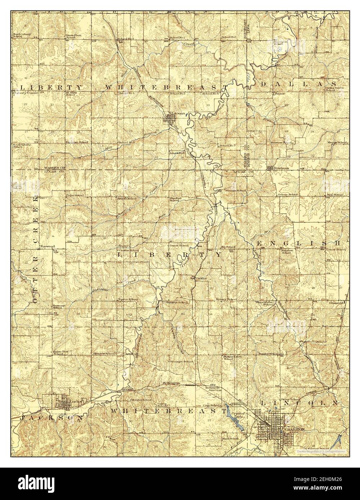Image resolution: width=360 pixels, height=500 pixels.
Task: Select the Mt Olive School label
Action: tap(70, 93)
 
